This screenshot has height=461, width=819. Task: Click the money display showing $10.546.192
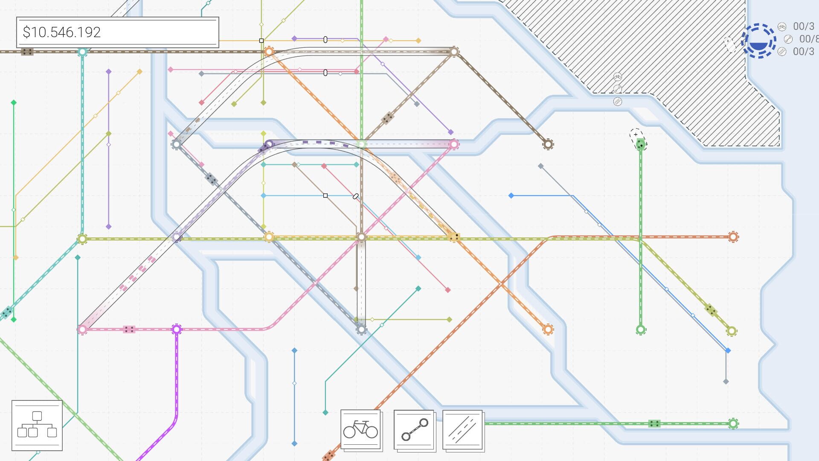coord(117,32)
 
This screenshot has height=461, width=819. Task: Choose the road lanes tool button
coord(463,430)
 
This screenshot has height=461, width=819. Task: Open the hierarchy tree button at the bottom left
coord(37,425)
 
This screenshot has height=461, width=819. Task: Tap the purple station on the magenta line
coord(177,330)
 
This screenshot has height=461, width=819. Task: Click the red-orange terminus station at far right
coord(733,237)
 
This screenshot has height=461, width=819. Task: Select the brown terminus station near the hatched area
coord(548,144)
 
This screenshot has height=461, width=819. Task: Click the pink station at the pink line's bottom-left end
coord(82,330)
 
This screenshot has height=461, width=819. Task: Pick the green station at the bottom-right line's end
coord(733,424)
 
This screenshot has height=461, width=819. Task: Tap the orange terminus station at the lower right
coord(548,330)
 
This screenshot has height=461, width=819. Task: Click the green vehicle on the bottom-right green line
coord(654,424)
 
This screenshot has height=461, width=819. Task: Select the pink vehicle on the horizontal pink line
coord(129,330)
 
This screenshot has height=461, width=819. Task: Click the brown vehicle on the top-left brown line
coord(27,52)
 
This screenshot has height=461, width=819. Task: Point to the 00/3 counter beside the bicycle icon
coord(803,26)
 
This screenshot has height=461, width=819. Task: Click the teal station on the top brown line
coord(82,52)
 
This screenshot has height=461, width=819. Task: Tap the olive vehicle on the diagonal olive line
coord(710,310)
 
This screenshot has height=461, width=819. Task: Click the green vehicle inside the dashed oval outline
coord(640,145)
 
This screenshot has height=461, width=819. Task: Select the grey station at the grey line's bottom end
coord(361,330)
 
